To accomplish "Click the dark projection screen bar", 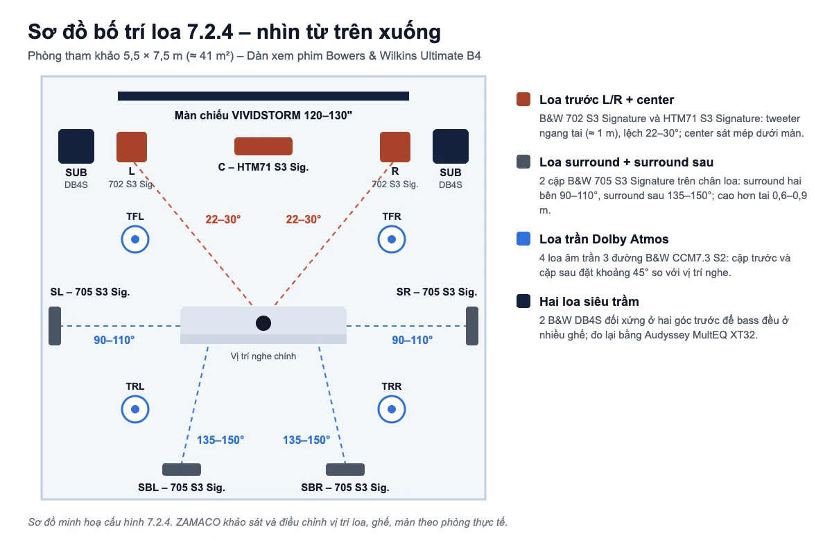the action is coord(263,96).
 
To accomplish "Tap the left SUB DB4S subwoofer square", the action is coord(76,146).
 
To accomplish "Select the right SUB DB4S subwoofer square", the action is coord(451,146).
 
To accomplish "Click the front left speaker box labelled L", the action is coord(132,147).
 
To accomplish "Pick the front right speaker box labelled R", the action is coord(395,147).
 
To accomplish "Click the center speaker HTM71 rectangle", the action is coord(263,146).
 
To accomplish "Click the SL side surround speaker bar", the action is coord(55,326).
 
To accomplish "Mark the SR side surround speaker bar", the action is coord(472,326).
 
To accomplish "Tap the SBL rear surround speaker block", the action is coord(182,470).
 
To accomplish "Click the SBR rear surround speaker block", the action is coord(345,470).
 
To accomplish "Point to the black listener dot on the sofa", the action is coord(263,323).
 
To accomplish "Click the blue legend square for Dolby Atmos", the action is coord(523,239).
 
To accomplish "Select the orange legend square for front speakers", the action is coord(523,99).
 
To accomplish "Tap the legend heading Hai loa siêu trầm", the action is coord(589,301).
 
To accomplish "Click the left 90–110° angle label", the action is coord(114,340).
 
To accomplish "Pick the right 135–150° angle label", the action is coord(306,440).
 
